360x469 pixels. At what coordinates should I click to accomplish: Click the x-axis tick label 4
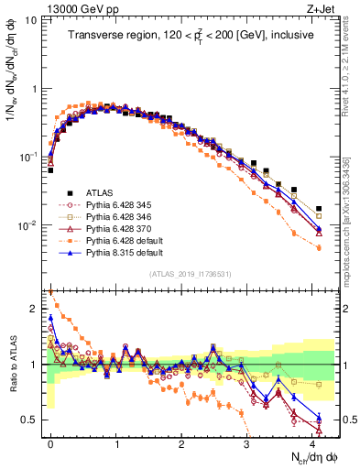point(312,443)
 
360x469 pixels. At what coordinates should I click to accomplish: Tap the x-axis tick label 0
point(50,443)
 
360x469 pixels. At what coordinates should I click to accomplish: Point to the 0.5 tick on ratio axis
point(32,420)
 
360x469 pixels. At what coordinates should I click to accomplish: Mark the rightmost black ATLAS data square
point(319,209)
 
